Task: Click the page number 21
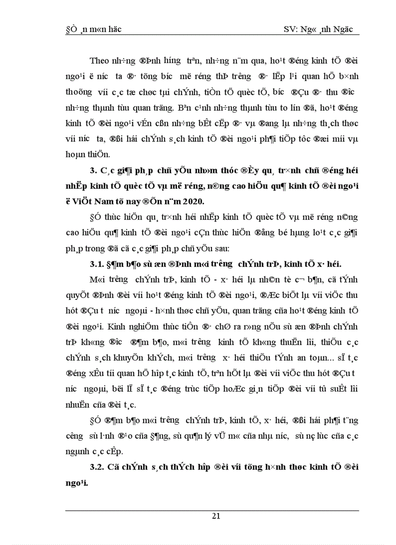tap(216, 516)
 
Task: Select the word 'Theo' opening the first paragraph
tap(100, 61)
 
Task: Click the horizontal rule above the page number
tap(213, 511)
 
